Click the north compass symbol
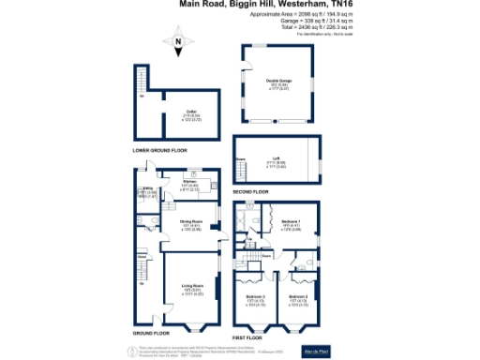[x=177, y=42]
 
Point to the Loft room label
[x=277, y=158]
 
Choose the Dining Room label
[x=191, y=222]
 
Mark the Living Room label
[x=193, y=288]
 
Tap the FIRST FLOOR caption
[x=248, y=336]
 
